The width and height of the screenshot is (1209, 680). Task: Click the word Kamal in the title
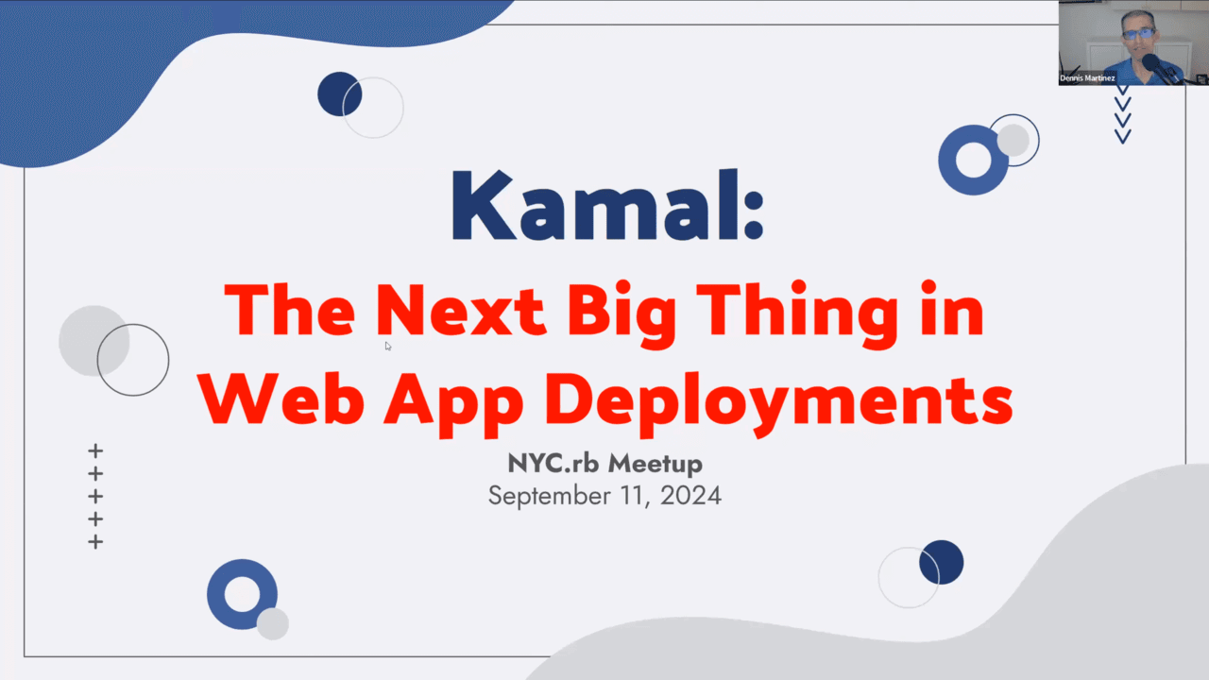597,205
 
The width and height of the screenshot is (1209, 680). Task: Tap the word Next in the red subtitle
460,311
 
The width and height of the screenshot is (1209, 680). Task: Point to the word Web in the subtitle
281,400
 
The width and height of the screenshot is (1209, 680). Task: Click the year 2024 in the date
690,496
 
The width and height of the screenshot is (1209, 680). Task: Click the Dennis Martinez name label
1087,78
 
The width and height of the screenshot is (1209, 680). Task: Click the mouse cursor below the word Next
388,346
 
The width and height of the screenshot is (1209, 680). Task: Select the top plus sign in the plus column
95,450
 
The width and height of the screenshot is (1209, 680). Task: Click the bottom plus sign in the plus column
95,542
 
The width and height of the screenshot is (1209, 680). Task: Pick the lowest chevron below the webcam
1123,137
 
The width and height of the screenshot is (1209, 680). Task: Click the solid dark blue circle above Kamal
339,93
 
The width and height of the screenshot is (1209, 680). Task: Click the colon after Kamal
754,213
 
